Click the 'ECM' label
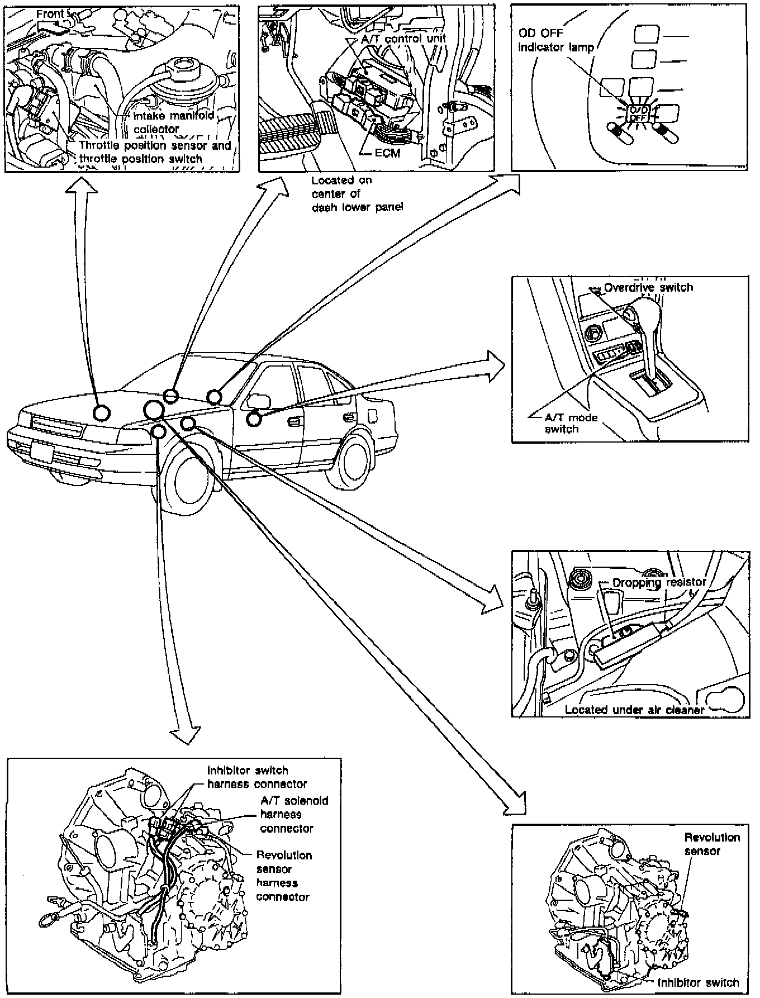(387, 153)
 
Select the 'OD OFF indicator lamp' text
(555, 40)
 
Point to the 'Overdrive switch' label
(648, 287)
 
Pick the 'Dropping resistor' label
(659, 582)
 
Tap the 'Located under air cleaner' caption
(634, 710)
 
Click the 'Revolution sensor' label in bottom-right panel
(711, 844)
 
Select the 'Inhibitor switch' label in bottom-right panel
(698, 982)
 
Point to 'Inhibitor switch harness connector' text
(256, 777)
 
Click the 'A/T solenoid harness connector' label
(293, 814)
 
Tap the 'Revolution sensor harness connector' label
(283, 876)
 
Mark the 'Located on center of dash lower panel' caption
(357, 193)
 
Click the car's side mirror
(258, 401)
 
